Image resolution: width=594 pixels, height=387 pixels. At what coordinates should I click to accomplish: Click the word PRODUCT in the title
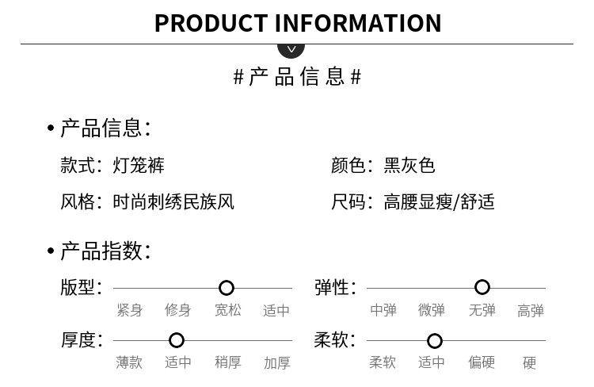click(x=211, y=23)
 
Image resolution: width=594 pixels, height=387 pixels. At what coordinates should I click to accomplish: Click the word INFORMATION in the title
click(x=358, y=23)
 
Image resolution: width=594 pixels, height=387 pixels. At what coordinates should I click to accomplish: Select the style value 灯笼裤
click(x=139, y=166)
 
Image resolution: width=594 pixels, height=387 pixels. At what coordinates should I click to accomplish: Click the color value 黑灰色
click(x=409, y=166)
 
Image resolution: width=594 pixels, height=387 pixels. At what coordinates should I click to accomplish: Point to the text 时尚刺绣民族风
click(x=173, y=202)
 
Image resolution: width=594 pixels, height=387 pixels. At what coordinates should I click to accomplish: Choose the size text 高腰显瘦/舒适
click(x=439, y=202)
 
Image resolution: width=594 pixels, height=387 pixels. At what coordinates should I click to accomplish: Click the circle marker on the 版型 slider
click(x=227, y=288)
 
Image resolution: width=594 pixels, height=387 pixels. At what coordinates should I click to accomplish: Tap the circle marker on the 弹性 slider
click(x=482, y=287)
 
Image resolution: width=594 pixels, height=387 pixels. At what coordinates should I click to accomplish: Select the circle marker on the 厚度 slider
click(x=177, y=340)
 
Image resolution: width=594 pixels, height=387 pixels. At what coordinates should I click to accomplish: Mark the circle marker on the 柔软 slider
click(x=434, y=341)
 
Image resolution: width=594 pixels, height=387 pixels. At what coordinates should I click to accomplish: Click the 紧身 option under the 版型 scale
click(x=130, y=310)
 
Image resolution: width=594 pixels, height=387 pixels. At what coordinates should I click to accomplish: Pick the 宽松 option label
click(x=228, y=310)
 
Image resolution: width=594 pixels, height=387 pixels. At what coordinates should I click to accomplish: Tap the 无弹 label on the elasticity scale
click(x=482, y=310)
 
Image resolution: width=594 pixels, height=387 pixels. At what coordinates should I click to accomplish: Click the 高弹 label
click(x=531, y=311)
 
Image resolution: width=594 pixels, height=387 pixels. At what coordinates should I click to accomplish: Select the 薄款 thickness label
click(x=130, y=362)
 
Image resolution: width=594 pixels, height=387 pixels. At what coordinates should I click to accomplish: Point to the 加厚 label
click(x=277, y=363)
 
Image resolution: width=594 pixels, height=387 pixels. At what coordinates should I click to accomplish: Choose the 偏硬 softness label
click(x=482, y=362)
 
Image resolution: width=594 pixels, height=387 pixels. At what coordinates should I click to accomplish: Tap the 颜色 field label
click(x=348, y=166)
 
